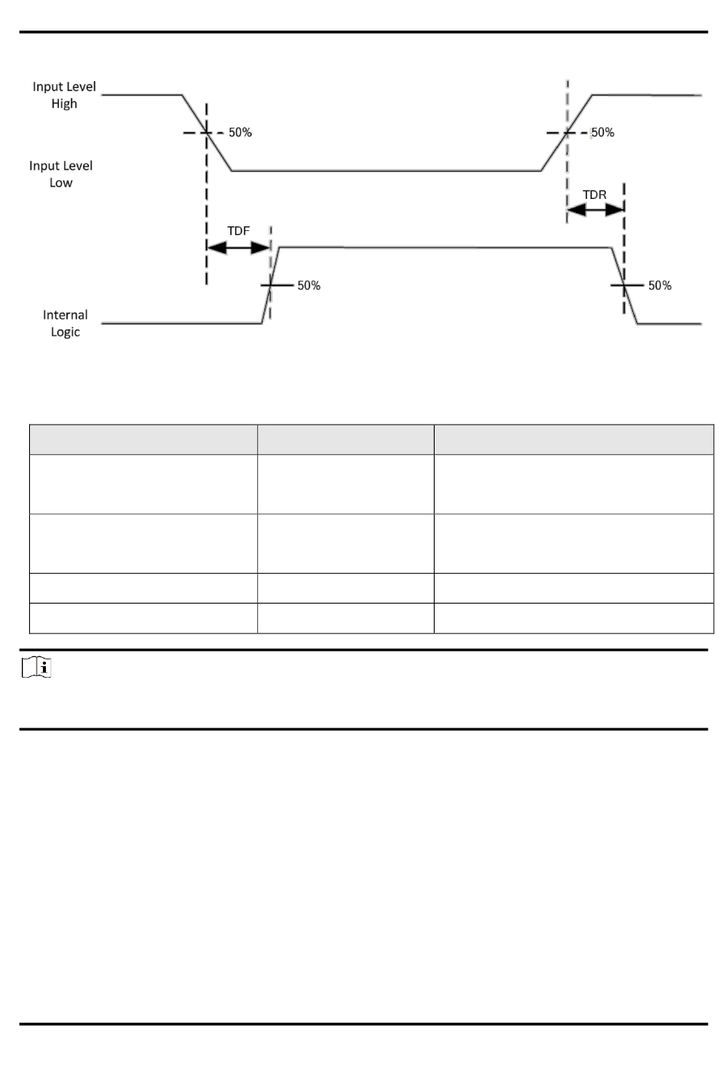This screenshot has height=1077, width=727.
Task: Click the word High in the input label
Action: coord(64,104)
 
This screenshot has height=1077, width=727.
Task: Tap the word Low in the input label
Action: coord(61,183)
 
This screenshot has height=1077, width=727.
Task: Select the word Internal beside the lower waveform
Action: coord(65,315)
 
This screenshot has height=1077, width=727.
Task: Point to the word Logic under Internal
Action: coord(65,332)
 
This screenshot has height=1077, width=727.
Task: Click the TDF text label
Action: coord(239,231)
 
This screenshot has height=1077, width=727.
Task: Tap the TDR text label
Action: coord(595,195)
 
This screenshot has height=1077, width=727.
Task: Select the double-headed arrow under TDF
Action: coord(239,247)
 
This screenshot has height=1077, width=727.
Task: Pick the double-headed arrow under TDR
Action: coord(595,210)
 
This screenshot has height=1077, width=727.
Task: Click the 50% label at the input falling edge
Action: coord(240,132)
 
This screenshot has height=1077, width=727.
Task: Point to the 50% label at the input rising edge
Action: coord(603,132)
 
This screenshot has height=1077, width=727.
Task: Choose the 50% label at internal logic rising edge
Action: coord(308,285)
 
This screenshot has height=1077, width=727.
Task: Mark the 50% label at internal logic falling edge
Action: coord(660,285)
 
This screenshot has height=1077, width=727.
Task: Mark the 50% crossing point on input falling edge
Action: coord(206,132)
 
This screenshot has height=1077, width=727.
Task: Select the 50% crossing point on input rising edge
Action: coord(567,132)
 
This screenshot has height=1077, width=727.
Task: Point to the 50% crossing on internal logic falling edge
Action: coord(624,285)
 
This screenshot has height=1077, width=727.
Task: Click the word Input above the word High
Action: coord(48,87)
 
